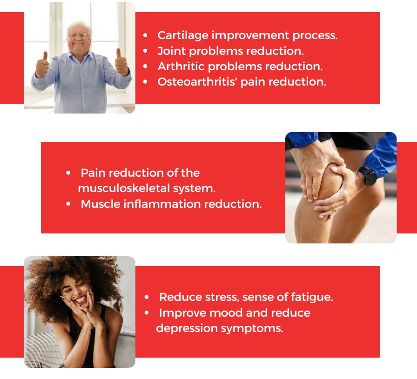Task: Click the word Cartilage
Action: tap(183, 36)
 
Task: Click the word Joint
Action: tap(171, 51)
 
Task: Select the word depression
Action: tap(187, 329)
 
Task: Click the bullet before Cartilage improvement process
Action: tap(145, 35)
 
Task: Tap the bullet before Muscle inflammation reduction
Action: tap(68, 204)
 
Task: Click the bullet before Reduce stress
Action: tap(147, 298)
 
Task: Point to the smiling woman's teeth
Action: tap(81, 300)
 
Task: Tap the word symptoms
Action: tap(252, 329)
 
